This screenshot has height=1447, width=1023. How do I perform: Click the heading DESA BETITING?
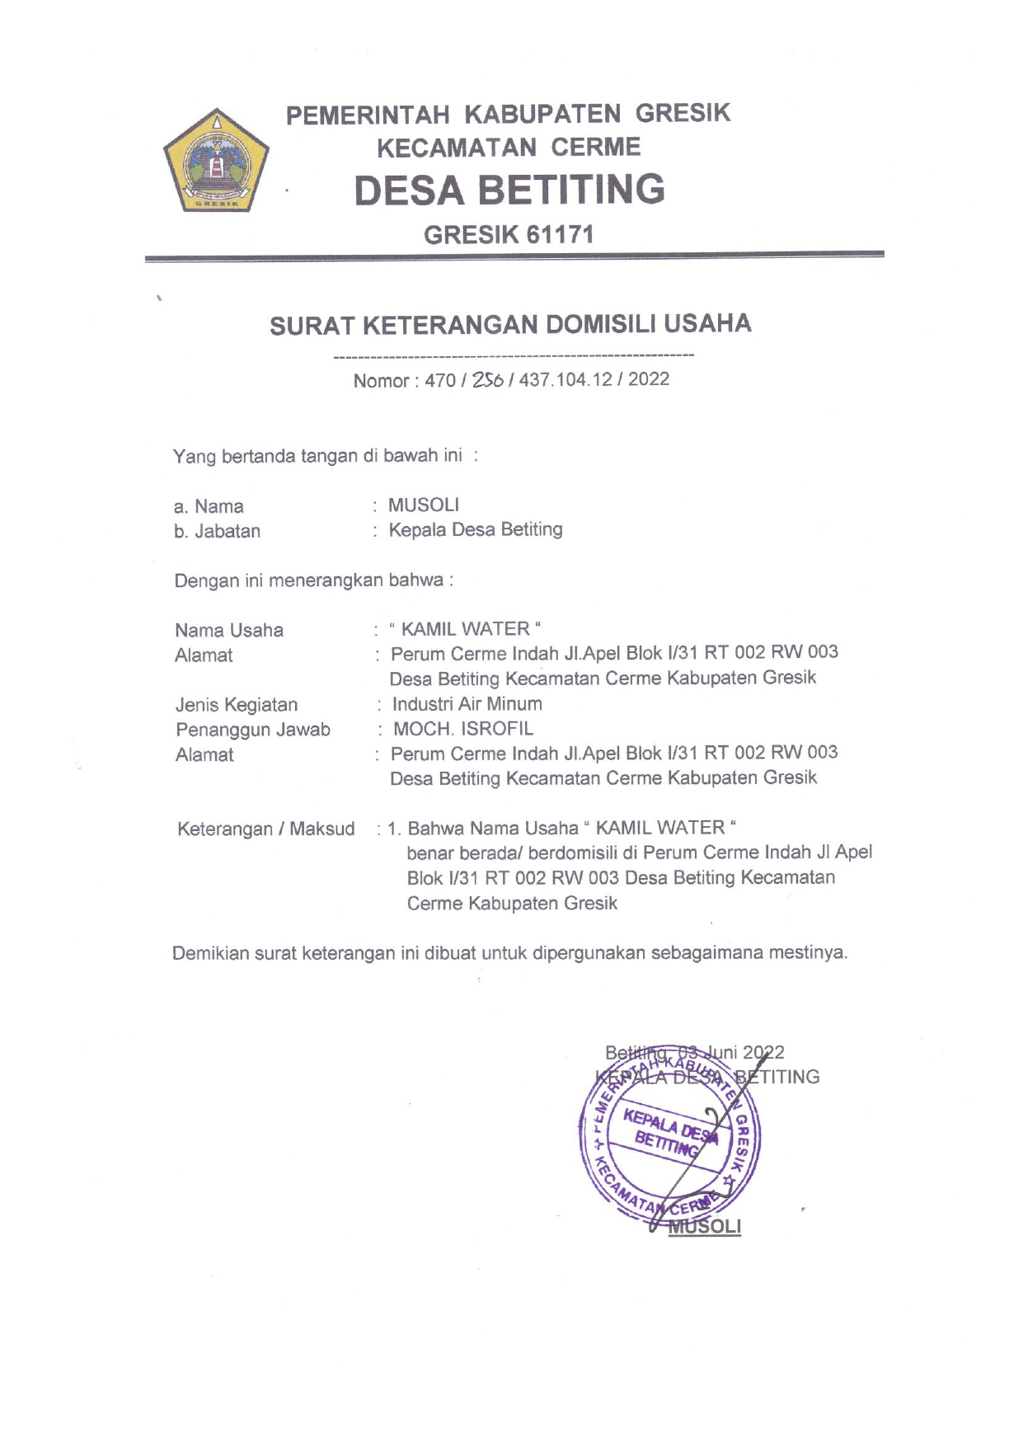(x=509, y=190)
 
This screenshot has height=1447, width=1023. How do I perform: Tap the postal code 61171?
(x=561, y=235)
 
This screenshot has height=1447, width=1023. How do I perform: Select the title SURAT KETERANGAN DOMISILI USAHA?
(x=510, y=324)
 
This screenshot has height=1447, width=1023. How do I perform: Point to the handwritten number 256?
(x=488, y=380)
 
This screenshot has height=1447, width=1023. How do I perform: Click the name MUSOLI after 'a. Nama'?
(x=424, y=505)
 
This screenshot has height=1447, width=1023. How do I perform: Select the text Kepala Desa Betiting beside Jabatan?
(x=476, y=529)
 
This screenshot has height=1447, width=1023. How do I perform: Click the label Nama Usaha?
(x=229, y=631)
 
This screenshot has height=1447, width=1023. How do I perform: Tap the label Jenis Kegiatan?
(x=237, y=705)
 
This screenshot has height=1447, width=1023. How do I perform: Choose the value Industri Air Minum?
(x=467, y=704)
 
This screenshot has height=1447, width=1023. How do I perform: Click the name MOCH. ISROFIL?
(x=463, y=729)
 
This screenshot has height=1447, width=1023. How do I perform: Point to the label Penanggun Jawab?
(x=253, y=730)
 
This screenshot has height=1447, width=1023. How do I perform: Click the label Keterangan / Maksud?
(x=265, y=829)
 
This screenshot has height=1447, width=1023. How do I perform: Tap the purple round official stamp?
(x=669, y=1142)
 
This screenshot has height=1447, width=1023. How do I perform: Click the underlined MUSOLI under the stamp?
(x=705, y=1226)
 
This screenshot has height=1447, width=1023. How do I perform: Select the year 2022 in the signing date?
(x=763, y=1053)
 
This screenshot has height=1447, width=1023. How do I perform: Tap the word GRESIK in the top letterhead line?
(x=683, y=113)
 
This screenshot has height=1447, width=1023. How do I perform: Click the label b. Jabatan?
(x=217, y=532)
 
